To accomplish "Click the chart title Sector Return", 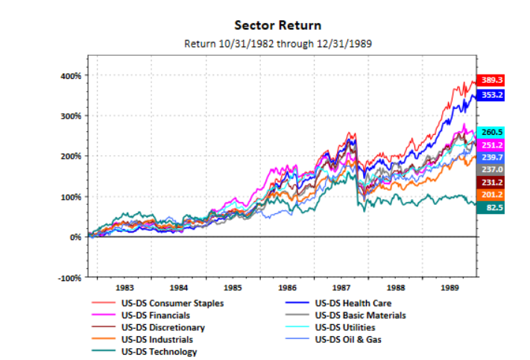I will pos(277,25).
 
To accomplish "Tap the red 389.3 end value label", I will pos(492,79).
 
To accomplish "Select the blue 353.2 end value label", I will pos(492,95).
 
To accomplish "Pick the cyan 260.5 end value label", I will pos(492,132).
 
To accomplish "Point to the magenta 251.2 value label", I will pos(492,145).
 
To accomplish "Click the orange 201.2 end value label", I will pos(492,195).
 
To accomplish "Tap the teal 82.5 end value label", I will pos(492,208).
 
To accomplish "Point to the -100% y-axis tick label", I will pos(69,277).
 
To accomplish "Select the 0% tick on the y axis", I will pos(76,237).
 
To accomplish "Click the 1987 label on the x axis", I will pos(341,286).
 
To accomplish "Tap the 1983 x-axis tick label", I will pos(125,286).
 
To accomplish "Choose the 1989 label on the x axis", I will pos(449,286).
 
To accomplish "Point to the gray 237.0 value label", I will pos(492,169).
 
